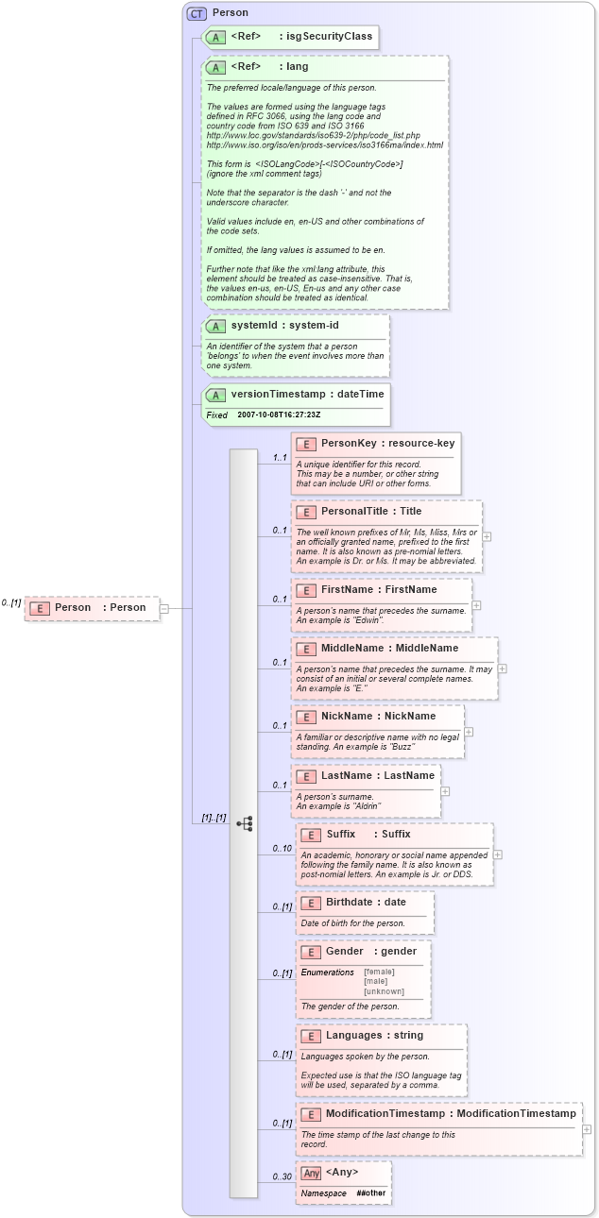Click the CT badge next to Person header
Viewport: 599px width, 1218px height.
[197, 12]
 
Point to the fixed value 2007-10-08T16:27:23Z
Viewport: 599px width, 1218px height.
[279, 414]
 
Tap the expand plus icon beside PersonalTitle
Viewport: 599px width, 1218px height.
[487, 535]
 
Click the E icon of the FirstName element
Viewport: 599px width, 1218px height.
[305, 590]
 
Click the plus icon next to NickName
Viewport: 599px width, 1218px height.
[469, 705]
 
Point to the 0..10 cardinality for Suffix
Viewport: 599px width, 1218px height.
[282, 848]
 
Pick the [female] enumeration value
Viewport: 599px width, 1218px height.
[379, 972]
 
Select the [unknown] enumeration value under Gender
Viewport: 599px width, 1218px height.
[384, 991]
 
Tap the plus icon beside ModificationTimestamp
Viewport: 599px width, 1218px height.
[587, 1128]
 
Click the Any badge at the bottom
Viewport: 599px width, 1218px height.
[311, 1173]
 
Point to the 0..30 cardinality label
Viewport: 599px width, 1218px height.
[282, 1176]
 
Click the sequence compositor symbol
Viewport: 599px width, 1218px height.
[244, 823]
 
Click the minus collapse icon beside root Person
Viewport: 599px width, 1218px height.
[164, 608]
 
